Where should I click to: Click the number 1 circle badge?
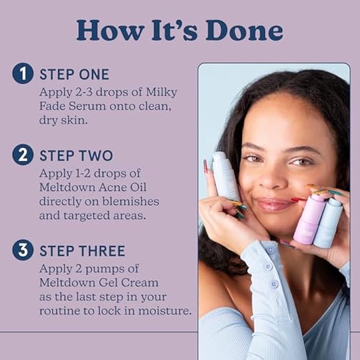point(23,74)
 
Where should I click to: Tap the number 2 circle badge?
point(23,155)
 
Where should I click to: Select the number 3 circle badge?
point(23,250)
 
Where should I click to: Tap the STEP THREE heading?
point(82,250)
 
